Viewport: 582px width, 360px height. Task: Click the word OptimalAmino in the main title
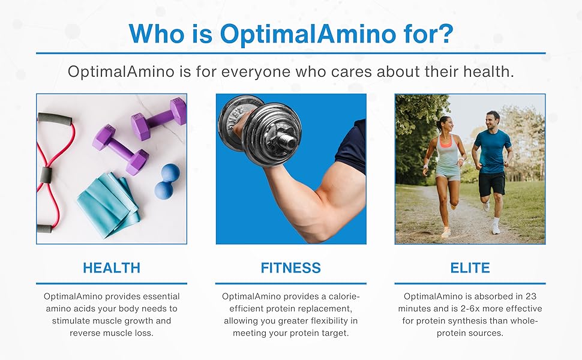point(308,34)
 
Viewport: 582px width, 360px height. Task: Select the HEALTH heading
point(112,268)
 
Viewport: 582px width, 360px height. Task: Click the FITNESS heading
point(290,268)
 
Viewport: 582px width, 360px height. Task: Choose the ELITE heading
point(470,268)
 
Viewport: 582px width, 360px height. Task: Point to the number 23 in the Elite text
point(531,296)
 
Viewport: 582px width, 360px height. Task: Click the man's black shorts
point(492,184)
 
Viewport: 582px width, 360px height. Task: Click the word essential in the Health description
point(161,296)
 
